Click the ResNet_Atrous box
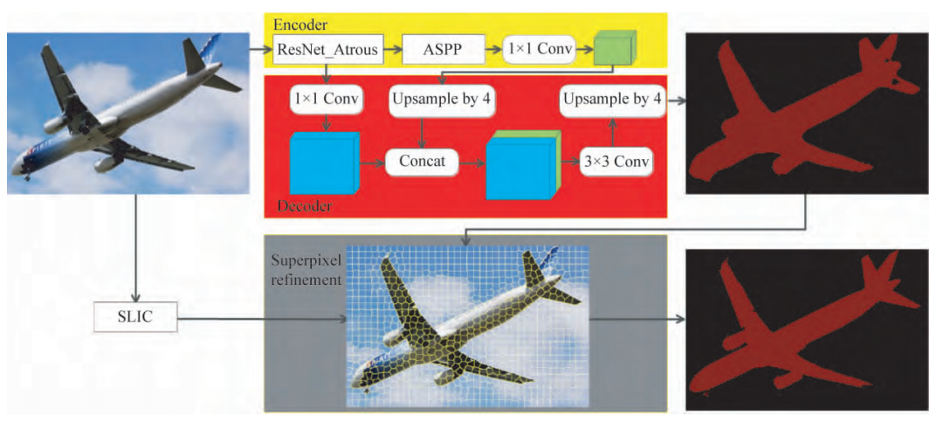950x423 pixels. [327, 51]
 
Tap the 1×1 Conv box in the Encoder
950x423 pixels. [539, 51]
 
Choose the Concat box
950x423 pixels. [423, 161]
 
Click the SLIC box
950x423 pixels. [134, 316]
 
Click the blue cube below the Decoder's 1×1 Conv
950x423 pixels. [322, 163]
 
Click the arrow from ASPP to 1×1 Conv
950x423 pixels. [494, 51]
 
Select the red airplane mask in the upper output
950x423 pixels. [786, 114]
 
